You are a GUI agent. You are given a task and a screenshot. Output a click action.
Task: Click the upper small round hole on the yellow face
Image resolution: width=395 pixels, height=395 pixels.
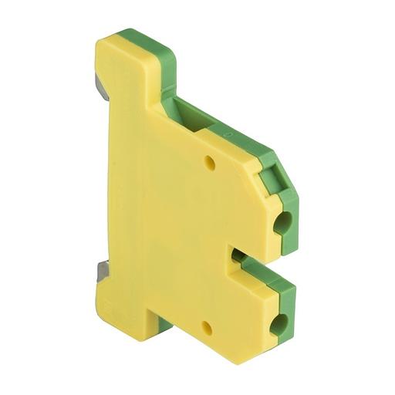tap(209, 163)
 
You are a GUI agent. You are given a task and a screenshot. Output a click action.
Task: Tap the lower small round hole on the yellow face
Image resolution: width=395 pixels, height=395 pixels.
tap(207, 327)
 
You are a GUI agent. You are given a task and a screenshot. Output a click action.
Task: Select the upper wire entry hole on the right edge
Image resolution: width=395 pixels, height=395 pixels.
tap(283, 225)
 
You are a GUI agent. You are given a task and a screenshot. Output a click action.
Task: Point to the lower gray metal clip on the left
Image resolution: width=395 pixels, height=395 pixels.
tap(102, 271)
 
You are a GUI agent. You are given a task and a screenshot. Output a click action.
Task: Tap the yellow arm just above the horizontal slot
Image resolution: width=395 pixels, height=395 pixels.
tap(247, 231)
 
